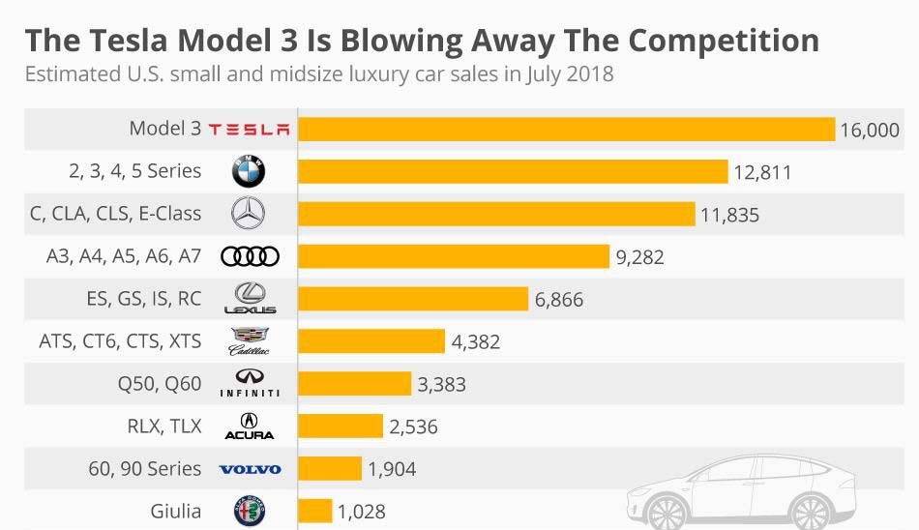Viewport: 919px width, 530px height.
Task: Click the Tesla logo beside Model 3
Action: (x=250, y=130)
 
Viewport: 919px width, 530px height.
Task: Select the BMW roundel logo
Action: (x=250, y=172)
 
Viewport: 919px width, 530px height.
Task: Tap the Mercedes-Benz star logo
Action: (x=250, y=214)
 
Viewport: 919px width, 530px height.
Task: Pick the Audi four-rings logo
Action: (x=250, y=256)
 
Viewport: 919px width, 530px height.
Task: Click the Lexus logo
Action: (x=250, y=299)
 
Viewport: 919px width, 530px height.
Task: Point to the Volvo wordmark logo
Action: (x=250, y=469)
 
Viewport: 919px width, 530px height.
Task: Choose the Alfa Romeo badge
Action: (x=250, y=511)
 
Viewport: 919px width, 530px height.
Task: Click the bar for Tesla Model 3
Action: (x=566, y=130)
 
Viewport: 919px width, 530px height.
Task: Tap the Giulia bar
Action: (x=314, y=511)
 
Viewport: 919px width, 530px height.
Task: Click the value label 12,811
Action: (x=762, y=173)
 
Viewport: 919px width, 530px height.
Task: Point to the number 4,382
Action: (x=476, y=342)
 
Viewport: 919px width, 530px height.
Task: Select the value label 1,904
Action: (x=392, y=469)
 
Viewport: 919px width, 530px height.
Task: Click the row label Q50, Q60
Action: (x=160, y=384)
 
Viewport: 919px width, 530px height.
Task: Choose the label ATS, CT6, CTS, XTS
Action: (x=120, y=341)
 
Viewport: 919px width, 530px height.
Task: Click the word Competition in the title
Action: (x=724, y=41)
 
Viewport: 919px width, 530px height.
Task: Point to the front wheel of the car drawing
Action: (x=667, y=514)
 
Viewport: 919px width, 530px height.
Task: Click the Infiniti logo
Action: (x=250, y=384)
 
